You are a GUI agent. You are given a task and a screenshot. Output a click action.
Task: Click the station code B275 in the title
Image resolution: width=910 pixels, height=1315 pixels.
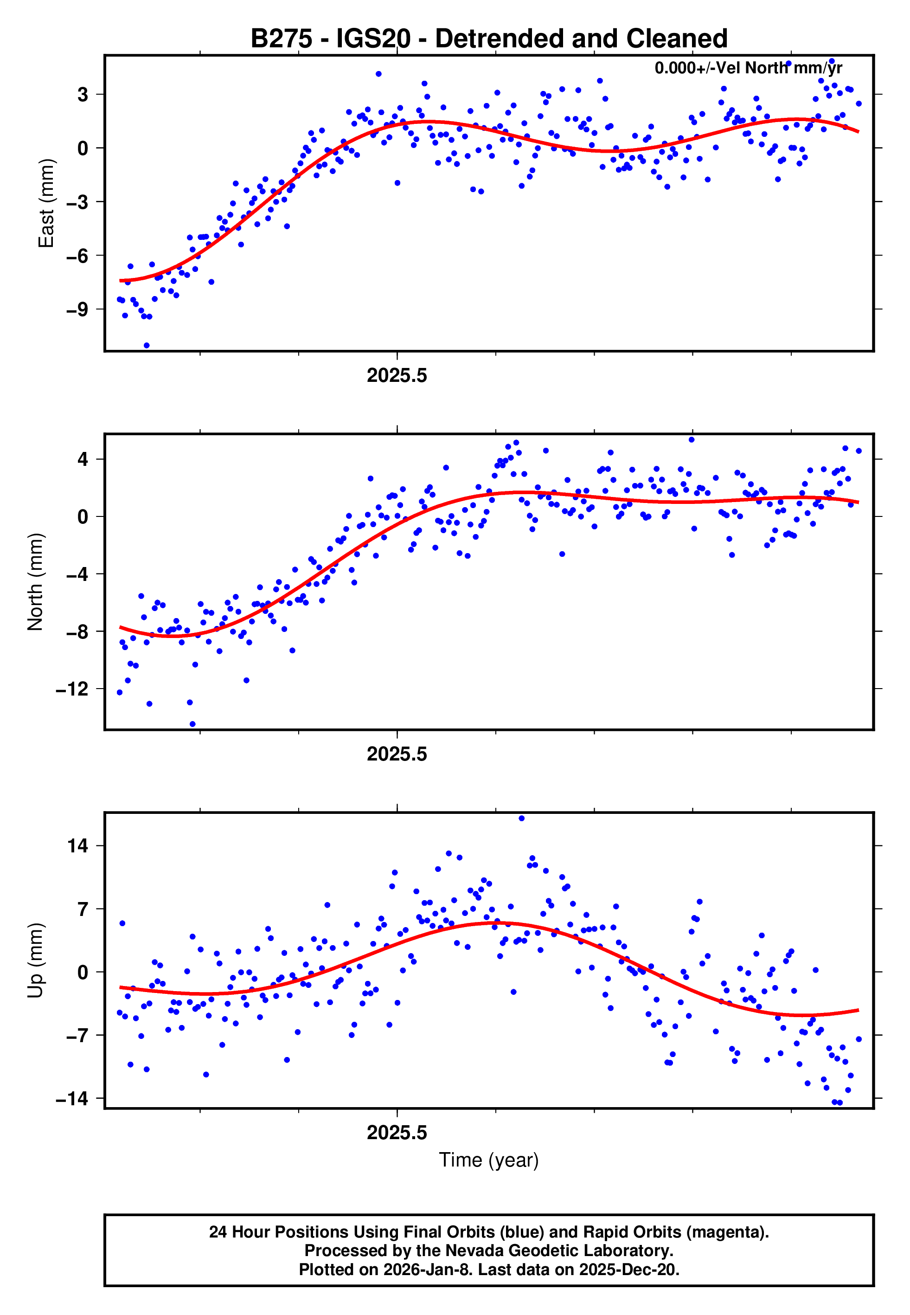point(281,39)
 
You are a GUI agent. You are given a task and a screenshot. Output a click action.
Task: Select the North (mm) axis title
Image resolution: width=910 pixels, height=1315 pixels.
point(35,582)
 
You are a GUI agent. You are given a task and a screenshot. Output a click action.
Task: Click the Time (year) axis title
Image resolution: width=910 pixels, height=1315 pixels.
point(489,1160)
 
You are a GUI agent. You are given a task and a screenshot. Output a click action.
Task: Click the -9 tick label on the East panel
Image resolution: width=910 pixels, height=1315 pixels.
point(77,309)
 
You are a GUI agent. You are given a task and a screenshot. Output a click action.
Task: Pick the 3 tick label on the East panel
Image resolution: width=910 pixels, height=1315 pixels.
point(83,94)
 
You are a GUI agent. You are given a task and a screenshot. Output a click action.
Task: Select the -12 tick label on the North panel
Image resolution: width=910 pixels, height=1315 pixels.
point(72,690)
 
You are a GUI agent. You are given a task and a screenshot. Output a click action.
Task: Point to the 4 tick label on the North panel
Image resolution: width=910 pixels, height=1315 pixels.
point(83,459)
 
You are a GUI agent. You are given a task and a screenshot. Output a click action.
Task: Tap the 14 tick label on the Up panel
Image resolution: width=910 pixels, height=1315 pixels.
point(78,846)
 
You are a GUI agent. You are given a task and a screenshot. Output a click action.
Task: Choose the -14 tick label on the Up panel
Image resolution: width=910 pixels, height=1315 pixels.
point(72,1098)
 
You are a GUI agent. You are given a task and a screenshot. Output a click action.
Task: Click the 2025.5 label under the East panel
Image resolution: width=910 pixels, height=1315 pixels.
point(397,376)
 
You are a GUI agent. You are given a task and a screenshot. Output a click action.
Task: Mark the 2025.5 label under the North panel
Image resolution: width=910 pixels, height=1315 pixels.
point(397,754)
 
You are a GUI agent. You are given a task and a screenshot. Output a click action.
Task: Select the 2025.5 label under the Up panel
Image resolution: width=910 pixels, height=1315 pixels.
point(397,1133)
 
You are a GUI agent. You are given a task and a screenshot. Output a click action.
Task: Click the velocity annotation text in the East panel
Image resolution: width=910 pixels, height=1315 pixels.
point(748,68)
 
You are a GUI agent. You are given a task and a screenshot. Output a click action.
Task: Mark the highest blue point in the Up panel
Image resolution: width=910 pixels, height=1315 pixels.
point(521,819)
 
